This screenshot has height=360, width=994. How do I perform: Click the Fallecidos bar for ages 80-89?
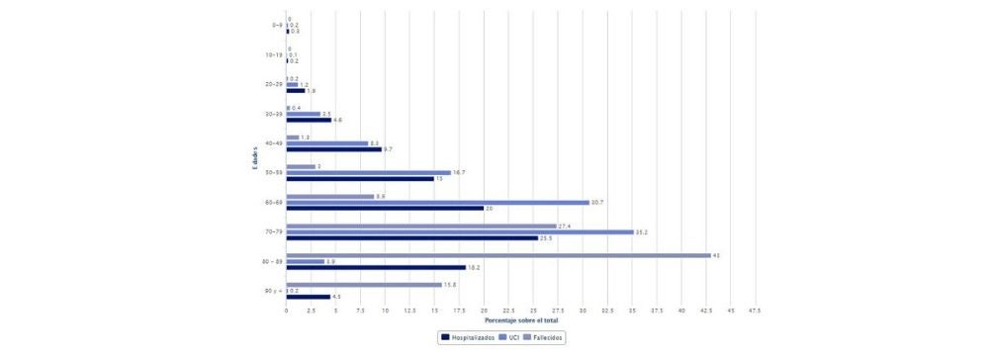[498, 255]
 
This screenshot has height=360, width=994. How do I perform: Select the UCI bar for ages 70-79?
[460, 231]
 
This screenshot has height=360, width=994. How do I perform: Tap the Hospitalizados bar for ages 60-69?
[385, 208]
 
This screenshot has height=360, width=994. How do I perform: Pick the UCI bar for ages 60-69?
[437, 202]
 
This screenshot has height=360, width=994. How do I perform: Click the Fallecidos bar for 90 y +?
[364, 285]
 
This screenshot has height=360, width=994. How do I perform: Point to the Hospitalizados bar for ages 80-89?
[376, 267]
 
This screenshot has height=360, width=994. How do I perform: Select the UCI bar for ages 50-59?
[368, 172]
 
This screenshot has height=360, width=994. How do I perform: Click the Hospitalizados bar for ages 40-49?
[334, 148]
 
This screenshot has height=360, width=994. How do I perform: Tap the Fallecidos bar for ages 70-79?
[421, 225]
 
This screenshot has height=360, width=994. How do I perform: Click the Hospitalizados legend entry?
[467, 337]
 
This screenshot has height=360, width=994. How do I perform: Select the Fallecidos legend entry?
[547, 337]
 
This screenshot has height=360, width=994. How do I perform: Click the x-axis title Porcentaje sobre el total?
[520, 319]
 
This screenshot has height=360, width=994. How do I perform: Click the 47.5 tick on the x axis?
[755, 311]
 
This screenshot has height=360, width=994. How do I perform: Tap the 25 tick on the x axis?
[533, 311]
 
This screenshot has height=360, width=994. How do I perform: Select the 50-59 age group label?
[274, 172]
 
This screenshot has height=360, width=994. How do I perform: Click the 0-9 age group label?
[276, 26]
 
